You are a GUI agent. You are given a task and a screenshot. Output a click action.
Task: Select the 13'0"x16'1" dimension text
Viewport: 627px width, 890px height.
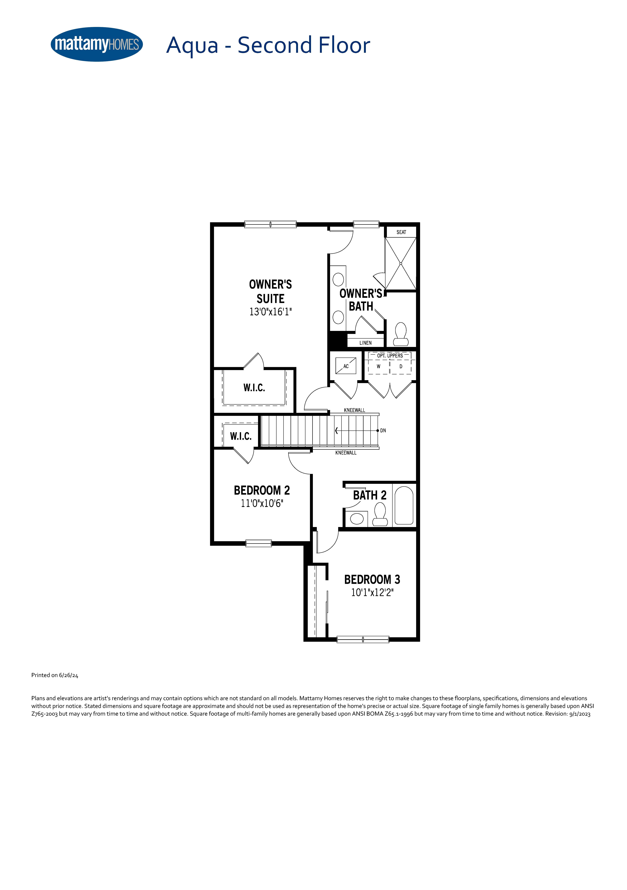(270, 312)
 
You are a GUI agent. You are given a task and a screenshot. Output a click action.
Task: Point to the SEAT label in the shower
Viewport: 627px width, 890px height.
(401, 232)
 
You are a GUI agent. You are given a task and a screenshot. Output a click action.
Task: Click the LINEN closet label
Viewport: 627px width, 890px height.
(365, 343)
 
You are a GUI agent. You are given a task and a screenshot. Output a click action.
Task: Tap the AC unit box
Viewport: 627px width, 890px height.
(346, 366)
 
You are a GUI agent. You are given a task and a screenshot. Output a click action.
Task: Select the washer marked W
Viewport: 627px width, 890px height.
(379, 366)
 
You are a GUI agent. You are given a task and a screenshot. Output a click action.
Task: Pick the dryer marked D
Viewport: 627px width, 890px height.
(401, 366)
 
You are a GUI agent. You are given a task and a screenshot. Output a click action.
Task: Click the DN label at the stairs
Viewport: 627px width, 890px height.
(383, 431)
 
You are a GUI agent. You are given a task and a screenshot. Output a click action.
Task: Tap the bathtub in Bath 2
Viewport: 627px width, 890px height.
(404, 505)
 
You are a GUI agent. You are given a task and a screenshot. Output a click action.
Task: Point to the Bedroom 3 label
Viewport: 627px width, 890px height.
(372, 580)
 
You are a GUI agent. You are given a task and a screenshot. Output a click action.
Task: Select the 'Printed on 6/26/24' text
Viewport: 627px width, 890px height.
(55, 675)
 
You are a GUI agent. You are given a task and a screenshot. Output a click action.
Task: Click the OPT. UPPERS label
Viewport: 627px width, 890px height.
(390, 355)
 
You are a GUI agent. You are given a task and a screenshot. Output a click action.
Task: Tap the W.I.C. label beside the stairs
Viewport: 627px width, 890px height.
(241, 437)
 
